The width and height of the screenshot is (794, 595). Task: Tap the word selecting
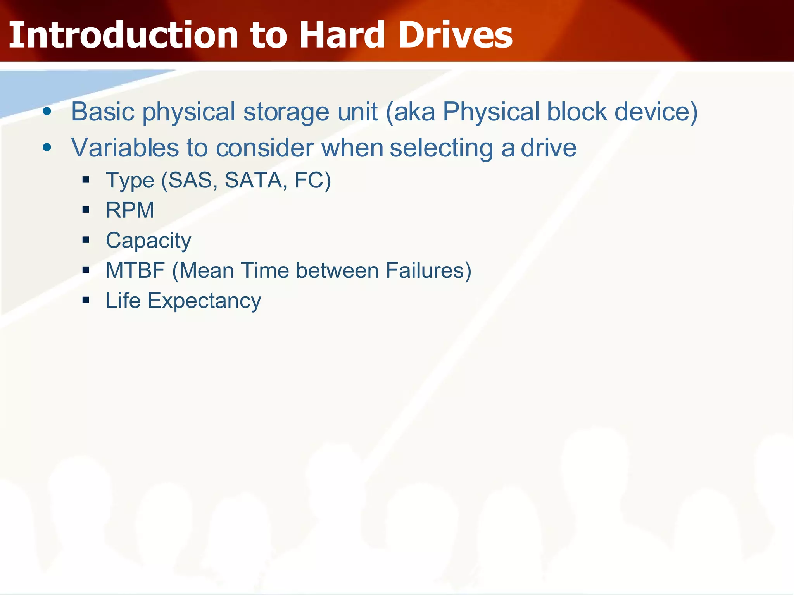tap(441, 148)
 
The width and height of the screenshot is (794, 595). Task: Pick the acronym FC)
tap(312, 180)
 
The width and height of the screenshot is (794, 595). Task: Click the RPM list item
tap(130, 210)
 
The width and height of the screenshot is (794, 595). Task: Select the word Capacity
tap(148, 241)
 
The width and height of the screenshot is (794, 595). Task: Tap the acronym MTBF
tap(135, 270)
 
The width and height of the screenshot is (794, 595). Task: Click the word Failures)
tap(428, 270)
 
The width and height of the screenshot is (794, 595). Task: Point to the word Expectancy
tap(204, 301)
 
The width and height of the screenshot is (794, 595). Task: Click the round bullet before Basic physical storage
tap(47, 112)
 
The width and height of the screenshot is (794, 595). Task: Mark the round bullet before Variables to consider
tap(47, 147)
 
